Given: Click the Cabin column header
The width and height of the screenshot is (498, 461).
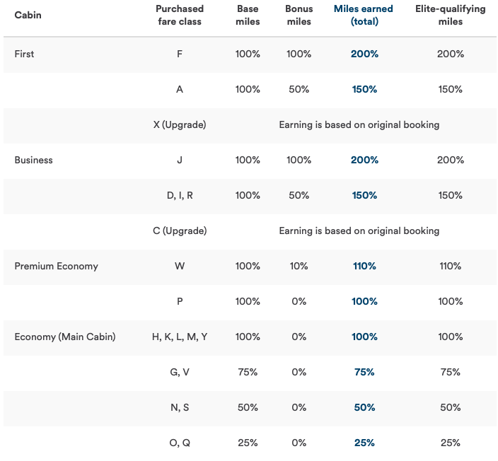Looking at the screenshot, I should tap(28, 15).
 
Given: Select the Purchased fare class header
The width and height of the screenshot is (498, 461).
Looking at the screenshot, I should tap(180, 15).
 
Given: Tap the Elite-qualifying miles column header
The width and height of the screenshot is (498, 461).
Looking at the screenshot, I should tap(450, 15).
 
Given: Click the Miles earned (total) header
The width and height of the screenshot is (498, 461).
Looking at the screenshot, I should tap(364, 15).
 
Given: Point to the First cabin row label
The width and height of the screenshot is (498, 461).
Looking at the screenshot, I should tap(24, 54).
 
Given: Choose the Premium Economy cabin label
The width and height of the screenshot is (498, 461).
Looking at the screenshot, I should tap(56, 266).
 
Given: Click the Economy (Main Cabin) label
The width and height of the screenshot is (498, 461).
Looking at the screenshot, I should tap(64, 337).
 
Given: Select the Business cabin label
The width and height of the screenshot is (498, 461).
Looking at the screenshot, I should tap(33, 160).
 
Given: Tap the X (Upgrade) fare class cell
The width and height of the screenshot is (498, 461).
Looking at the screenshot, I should tap(180, 124).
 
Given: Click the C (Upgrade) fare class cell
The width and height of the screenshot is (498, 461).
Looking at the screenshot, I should tap(180, 230).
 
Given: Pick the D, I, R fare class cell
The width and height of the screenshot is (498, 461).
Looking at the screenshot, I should tap(180, 195).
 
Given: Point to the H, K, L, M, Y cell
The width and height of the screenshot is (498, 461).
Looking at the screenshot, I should tap(180, 337).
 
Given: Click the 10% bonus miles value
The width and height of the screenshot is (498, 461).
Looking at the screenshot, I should tap(299, 266).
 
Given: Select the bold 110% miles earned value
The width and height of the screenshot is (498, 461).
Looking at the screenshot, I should tap(364, 266).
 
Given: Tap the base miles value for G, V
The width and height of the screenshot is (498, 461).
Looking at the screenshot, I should tap(248, 372).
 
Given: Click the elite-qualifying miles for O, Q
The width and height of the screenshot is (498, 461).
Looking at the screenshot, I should tap(450, 443).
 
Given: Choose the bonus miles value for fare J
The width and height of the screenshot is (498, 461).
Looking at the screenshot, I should tap(299, 160).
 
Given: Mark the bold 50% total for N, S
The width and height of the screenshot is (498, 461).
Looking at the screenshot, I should tap(364, 407).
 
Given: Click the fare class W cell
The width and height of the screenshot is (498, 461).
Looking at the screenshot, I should tap(180, 266).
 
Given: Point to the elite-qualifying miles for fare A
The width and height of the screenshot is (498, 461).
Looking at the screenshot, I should tap(450, 89).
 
